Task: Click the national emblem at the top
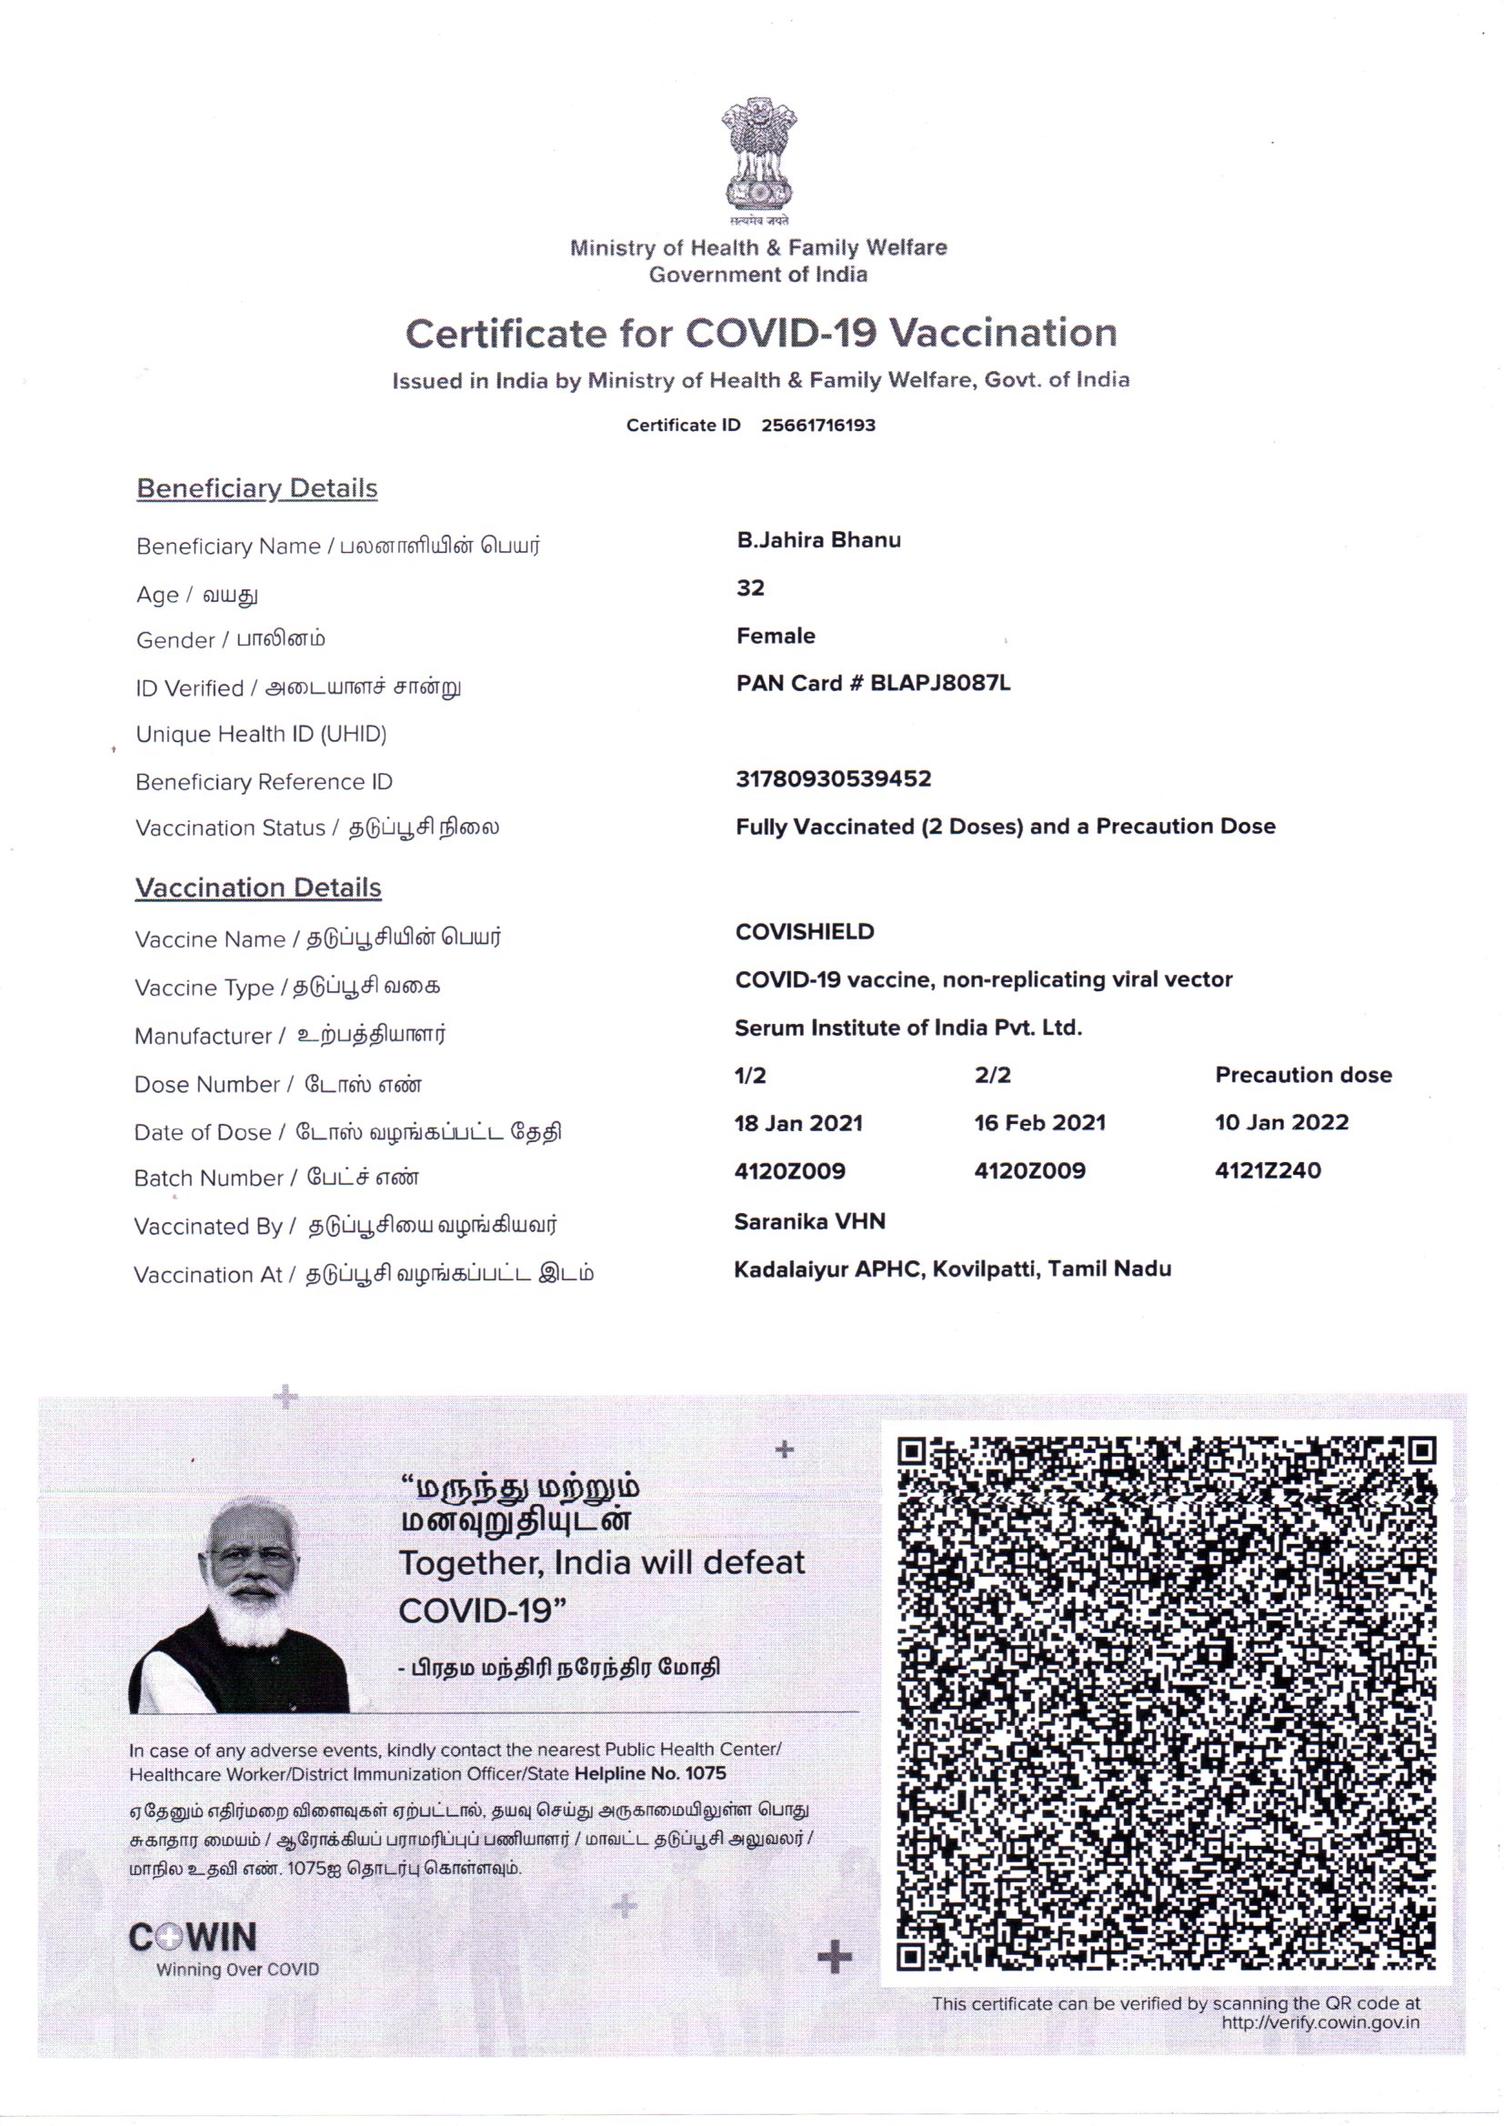click(x=758, y=157)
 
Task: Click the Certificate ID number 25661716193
click(x=817, y=425)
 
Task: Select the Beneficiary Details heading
click(x=256, y=488)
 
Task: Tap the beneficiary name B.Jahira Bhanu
click(x=817, y=540)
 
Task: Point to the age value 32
click(x=750, y=588)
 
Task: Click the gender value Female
click(x=775, y=637)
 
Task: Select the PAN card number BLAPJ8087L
click(x=940, y=684)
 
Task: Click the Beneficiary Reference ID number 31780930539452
click(x=833, y=778)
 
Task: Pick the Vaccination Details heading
click(x=257, y=888)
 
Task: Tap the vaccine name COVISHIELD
click(x=804, y=931)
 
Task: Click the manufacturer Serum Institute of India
click(x=907, y=1028)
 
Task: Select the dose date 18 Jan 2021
click(x=797, y=1123)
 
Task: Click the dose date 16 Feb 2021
click(x=1039, y=1123)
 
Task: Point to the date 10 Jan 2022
click(x=1281, y=1122)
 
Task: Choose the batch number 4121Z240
click(x=1267, y=1170)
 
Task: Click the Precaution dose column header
click(x=1303, y=1075)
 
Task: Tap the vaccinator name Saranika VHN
click(x=809, y=1221)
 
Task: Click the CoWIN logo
click(x=193, y=1937)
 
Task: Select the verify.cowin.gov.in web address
click(x=1319, y=2022)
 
